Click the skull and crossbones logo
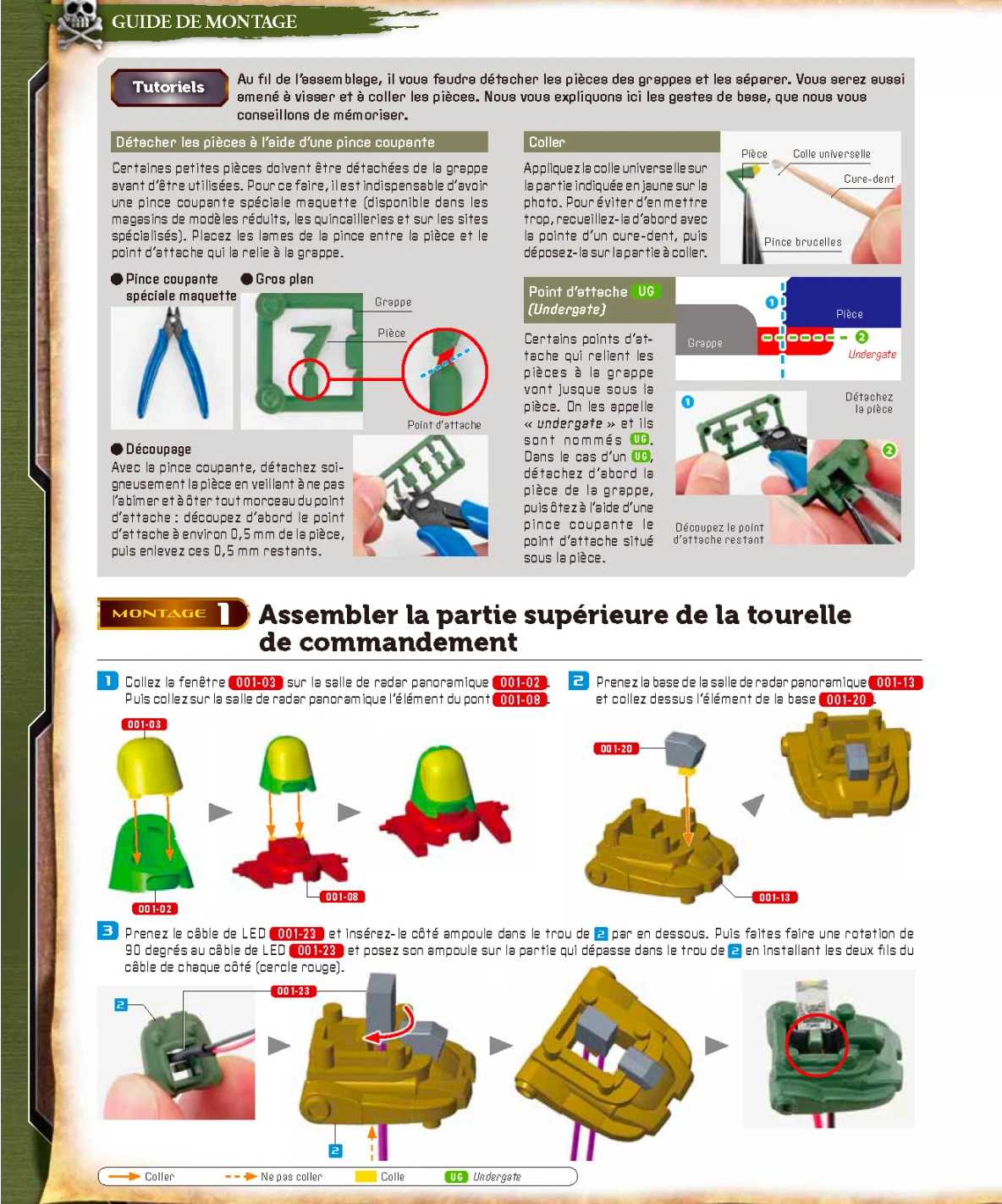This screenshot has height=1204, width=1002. [x=80, y=23]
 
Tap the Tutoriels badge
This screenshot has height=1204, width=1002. [x=168, y=87]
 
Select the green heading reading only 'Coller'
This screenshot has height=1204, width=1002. [x=547, y=142]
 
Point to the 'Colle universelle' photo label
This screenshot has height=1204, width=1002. [x=831, y=154]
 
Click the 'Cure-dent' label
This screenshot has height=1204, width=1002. [x=868, y=179]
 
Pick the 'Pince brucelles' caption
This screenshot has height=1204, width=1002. [x=802, y=242]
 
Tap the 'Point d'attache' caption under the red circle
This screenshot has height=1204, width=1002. [x=444, y=425]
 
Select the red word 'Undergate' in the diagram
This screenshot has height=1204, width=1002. [x=872, y=355]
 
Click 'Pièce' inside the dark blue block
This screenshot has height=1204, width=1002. [x=849, y=314]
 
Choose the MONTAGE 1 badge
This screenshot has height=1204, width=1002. [x=173, y=613]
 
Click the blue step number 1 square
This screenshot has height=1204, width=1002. [x=107, y=681]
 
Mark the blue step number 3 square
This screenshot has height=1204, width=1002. [x=107, y=931]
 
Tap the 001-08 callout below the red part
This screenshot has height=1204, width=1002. [x=342, y=897]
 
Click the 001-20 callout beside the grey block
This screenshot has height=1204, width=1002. [x=616, y=748]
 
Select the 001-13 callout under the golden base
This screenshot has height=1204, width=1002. [x=774, y=897]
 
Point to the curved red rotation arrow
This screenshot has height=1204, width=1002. [x=391, y=1027]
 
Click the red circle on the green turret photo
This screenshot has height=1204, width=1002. [x=816, y=1044]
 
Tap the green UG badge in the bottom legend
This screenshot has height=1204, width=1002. [x=456, y=1177]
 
